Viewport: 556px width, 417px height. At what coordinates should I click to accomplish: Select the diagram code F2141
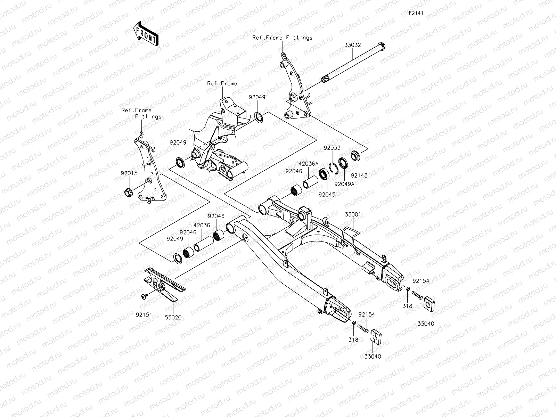pyautogui.click(x=416, y=13)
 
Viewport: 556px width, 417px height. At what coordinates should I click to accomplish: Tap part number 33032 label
pyautogui.click(x=353, y=45)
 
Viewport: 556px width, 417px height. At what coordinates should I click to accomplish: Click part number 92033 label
pyautogui.click(x=332, y=148)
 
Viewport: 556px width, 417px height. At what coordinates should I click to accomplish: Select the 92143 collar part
pyautogui.click(x=355, y=155)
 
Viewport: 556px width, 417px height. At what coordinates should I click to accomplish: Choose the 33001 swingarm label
pyautogui.click(x=353, y=215)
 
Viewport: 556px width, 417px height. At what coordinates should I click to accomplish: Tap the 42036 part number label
pyautogui.click(x=202, y=225)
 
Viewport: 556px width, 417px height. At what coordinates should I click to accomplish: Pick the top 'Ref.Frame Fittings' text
pyautogui.click(x=282, y=38)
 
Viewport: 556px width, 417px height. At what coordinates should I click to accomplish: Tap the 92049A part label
pyautogui.click(x=344, y=184)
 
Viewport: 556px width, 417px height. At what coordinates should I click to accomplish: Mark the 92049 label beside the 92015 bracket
pyautogui.click(x=178, y=143)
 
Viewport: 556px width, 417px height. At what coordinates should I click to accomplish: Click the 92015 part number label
pyautogui.click(x=129, y=173)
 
